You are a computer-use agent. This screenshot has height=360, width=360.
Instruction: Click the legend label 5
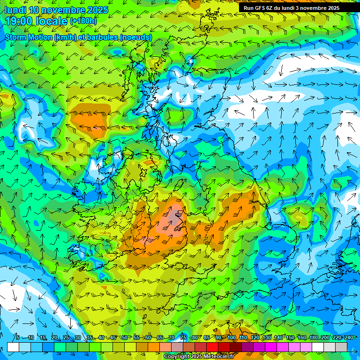click(17, 338)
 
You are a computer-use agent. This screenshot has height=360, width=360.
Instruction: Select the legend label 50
click(124, 338)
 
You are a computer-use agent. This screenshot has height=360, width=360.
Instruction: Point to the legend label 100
click(232, 338)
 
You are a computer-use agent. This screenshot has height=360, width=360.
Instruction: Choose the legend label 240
click(348, 338)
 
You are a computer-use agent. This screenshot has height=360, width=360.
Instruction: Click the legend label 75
click(183, 338)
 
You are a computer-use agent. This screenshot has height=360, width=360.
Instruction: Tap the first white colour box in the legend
click(13, 347)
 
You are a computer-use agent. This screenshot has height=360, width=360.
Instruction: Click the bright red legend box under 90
click(212, 347)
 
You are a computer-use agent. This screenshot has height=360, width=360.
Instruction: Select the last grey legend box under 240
click(341, 347)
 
